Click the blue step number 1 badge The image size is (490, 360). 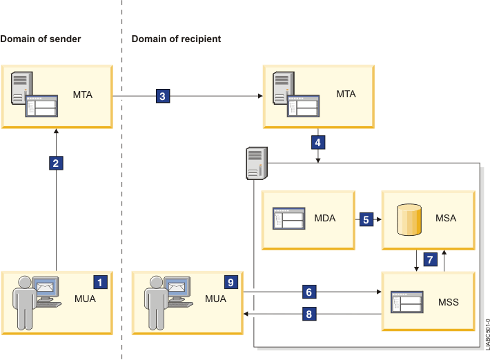coord(101,281)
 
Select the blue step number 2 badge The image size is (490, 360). coord(57,163)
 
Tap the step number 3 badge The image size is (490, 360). coord(162,96)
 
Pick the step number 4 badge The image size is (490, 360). coord(317,143)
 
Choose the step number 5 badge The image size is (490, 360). coord(366,219)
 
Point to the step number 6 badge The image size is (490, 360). coord(309,292)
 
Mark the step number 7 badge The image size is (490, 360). coord(430,259)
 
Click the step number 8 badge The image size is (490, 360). coord(309,314)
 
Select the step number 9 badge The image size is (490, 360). coord(231,281)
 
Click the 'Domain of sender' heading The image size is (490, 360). coord(41,39)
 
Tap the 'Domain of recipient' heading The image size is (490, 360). coord(176,39)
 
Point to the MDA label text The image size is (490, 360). coord(324,219)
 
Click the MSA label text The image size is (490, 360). coord(446,219)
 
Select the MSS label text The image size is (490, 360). coord(449,302)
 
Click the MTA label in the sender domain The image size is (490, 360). coord(84,94)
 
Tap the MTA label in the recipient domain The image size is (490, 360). coord(346,94)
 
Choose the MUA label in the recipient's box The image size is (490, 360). coord(215,299)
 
